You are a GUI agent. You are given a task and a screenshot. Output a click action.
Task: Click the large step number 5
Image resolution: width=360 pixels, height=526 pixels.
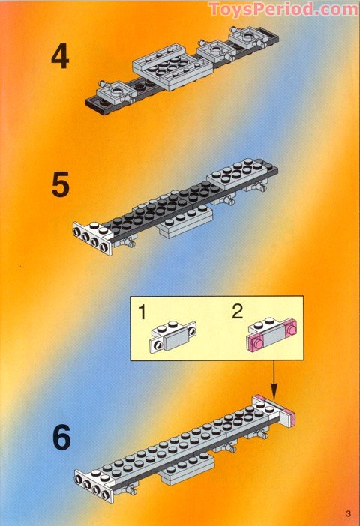[61, 185]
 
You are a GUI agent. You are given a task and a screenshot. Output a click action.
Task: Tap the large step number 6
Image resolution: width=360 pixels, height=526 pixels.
[61, 437]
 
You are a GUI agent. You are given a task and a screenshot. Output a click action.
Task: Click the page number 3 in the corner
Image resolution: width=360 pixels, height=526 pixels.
[349, 513]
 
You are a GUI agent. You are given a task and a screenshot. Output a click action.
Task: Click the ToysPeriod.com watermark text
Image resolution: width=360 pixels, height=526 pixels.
[283, 9]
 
